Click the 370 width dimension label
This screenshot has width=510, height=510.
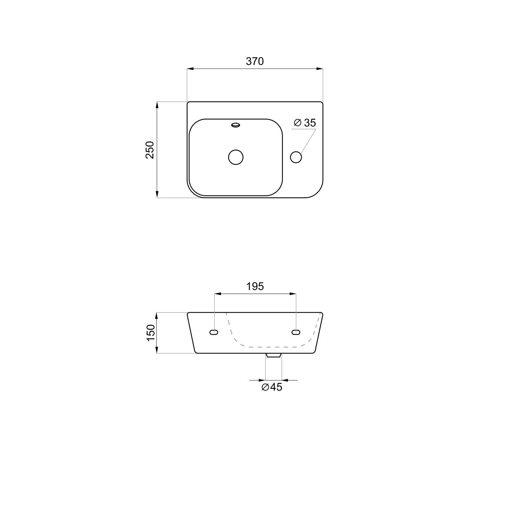pyautogui.click(x=255, y=61)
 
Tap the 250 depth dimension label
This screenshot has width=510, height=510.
pyautogui.click(x=150, y=150)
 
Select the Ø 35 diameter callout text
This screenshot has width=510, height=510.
pyautogui.click(x=305, y=123)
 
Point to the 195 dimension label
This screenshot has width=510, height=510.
pyautogui.click(x=255, y=287)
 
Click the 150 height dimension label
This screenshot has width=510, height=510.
pyautogui.click(x=151, y=333)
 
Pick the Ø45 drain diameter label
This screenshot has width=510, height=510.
pyautogui.click(x=272, y=387)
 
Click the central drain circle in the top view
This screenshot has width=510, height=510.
pyautogui.click(x=236, y=157)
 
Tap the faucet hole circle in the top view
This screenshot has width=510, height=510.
pyautogui.click(x=296, y=157)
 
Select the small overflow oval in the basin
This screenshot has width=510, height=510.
pyautogui.click(x=236, y=125)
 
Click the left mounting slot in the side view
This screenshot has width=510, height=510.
pyautogui.click(x=214, y=332)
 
